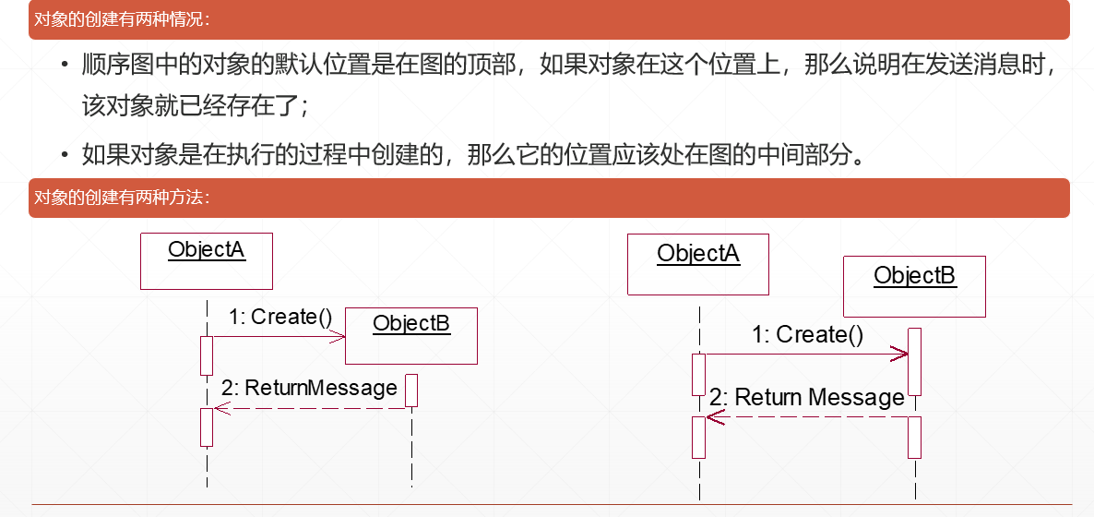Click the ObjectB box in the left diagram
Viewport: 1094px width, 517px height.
pos(411,335)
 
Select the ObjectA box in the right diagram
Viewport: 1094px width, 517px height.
pos(697,264)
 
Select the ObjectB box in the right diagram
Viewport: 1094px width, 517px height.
pos(914,286)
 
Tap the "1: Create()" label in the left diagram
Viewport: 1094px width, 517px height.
pos(280,317)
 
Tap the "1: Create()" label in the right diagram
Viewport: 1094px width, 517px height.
pos(808,334)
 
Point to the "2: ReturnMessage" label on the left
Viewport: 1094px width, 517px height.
pos(309,388)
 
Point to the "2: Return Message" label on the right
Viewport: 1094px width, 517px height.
pos(807,398)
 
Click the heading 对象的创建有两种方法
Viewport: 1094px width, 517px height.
pos(122,197)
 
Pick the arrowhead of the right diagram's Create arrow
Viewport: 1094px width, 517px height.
pos(901,353)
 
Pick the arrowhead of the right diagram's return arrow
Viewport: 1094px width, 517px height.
pos(713,417)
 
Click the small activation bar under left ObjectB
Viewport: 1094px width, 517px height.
pos(411,390)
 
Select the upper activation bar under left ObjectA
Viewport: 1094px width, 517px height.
pos(207,355)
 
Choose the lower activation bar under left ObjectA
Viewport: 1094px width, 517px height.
pos(207,427)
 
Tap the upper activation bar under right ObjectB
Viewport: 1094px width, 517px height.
pos(914,361)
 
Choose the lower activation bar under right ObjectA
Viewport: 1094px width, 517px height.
pos(698,437)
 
